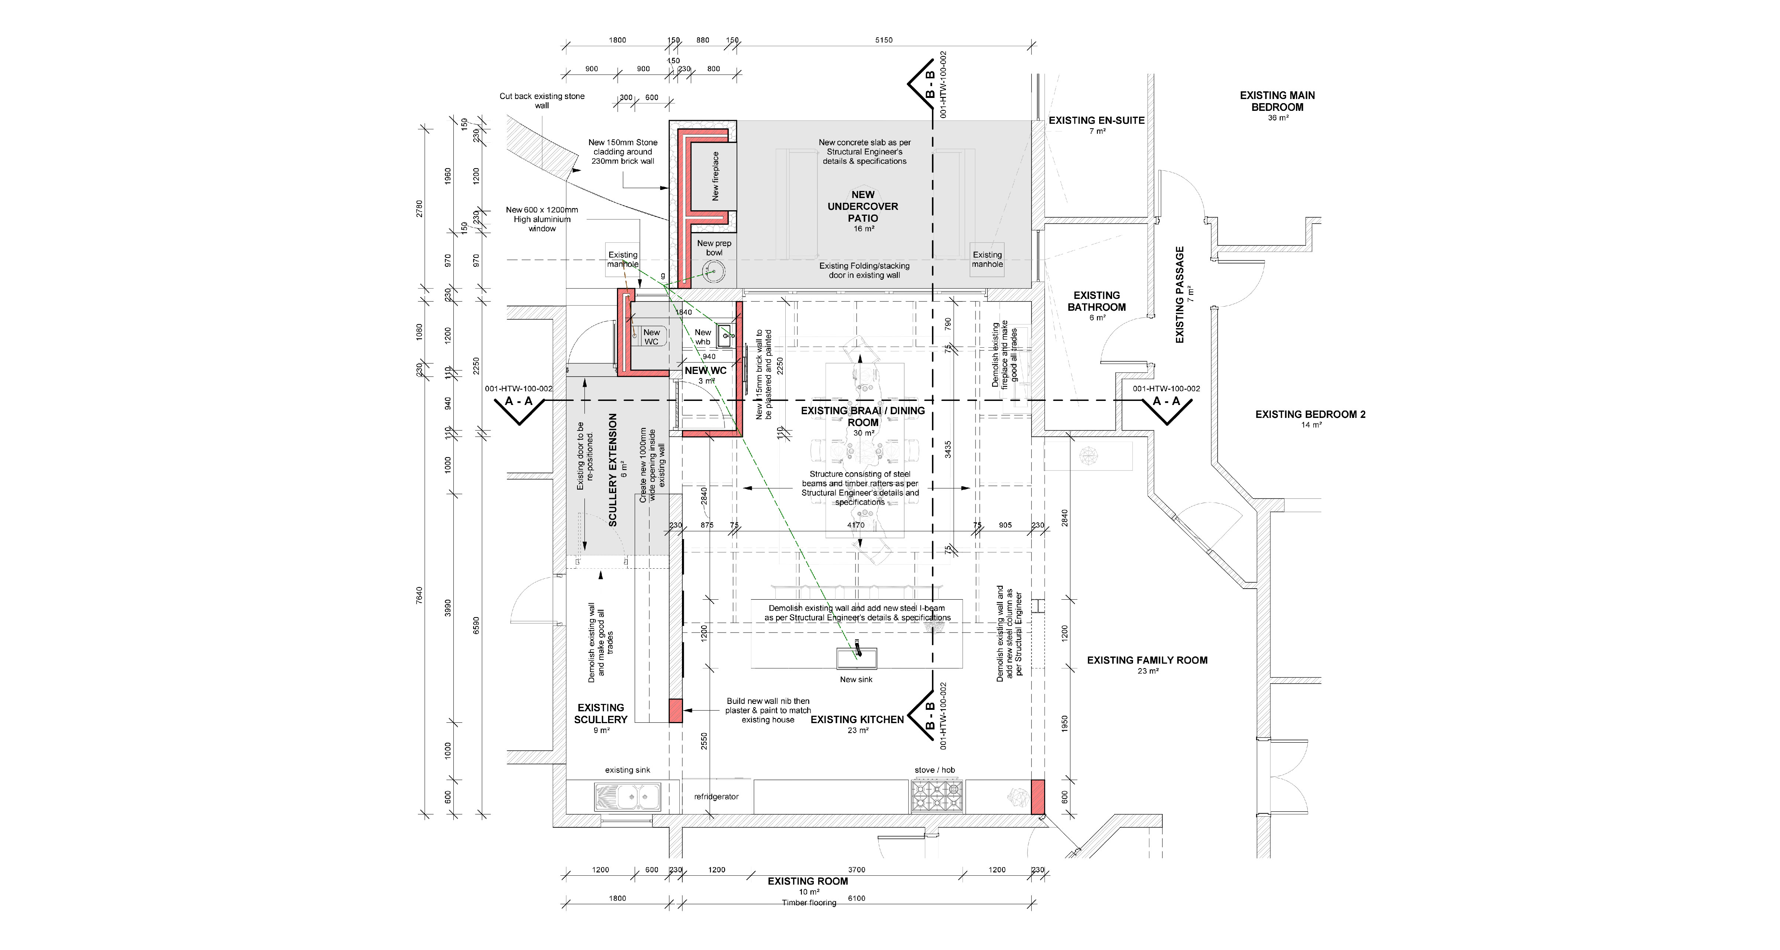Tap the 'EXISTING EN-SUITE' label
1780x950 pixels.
[x=1097, y=120]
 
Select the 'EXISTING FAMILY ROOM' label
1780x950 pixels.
[x=1147, y=660]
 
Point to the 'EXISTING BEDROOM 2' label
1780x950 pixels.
[x=1310, y=415]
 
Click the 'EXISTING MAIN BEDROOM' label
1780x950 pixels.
[x=1277, y=101]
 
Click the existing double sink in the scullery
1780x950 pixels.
[x=627, y=797]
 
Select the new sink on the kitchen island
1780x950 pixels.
[x=857, y=657]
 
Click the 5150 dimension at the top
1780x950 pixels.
[x=884, y=40]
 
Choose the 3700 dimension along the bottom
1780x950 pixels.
[x=856, y=870]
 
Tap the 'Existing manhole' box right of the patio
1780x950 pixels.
[x=987, y=260]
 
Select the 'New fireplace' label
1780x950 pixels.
[x=715, y=176]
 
